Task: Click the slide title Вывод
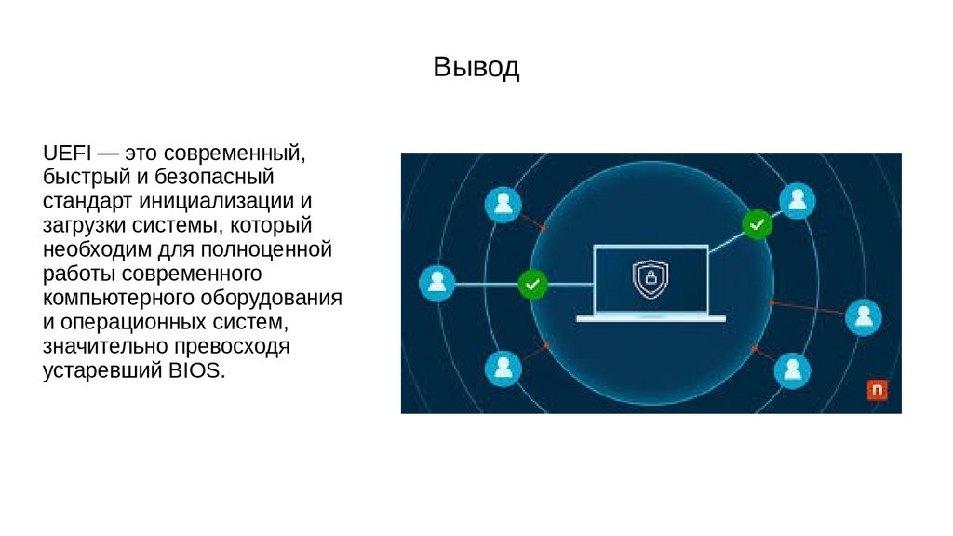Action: pos(476,68)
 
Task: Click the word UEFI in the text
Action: pos(61,151)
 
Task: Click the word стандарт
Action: pos(87,200)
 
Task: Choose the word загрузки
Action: pos(86,225)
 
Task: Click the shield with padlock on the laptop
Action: pos(651,279)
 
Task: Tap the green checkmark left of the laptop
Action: pos(532,283)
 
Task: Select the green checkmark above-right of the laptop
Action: pos(757,223)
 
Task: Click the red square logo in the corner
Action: pos(876,390)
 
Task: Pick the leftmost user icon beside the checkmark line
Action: pos(436,283)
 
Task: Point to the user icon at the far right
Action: pos(863,316)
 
